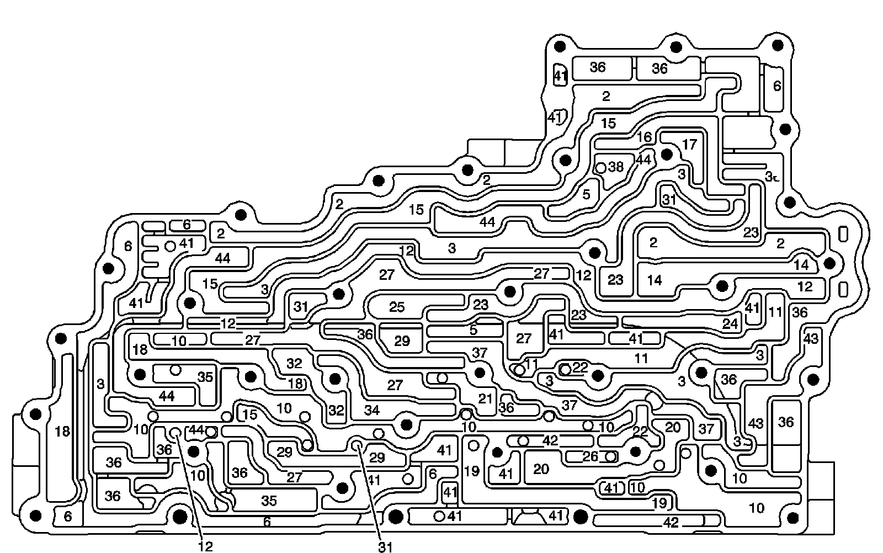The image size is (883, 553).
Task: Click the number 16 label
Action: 644,137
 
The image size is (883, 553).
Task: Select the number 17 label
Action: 689,145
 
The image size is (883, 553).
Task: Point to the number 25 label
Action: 397,307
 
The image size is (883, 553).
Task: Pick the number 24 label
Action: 730,324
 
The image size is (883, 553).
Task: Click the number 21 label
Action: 485,398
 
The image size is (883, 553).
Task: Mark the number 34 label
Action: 372,410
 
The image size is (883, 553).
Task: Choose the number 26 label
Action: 590,456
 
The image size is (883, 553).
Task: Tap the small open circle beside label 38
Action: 601,167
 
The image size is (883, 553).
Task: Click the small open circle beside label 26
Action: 610,456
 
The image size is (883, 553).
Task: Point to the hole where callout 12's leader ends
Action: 175,432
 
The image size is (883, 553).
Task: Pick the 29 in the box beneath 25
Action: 402,341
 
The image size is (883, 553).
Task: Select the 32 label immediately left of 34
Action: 336,411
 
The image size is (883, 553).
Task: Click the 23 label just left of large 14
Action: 615,280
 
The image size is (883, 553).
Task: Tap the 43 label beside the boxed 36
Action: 756,423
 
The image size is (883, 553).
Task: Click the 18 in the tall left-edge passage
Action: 63,431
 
